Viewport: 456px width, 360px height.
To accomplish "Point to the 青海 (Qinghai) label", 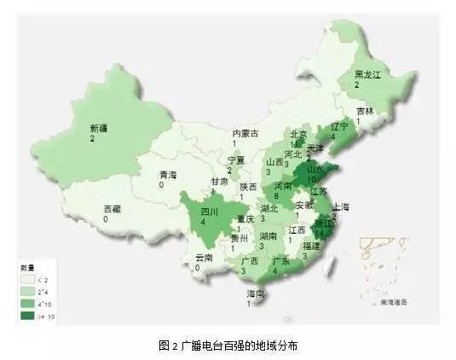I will [167, 175].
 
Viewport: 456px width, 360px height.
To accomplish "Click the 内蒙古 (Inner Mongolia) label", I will [246, 133].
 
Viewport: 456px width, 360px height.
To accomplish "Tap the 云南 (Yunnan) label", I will [204, 258].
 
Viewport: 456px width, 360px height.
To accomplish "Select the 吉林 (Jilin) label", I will [365, 111].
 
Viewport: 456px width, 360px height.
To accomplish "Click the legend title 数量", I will [26, 267].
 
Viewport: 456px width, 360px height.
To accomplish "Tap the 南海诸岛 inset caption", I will [396, 301].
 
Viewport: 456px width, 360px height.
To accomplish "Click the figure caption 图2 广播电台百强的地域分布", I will [229, 345].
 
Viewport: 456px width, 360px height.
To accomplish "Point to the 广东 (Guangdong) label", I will [280, 261].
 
